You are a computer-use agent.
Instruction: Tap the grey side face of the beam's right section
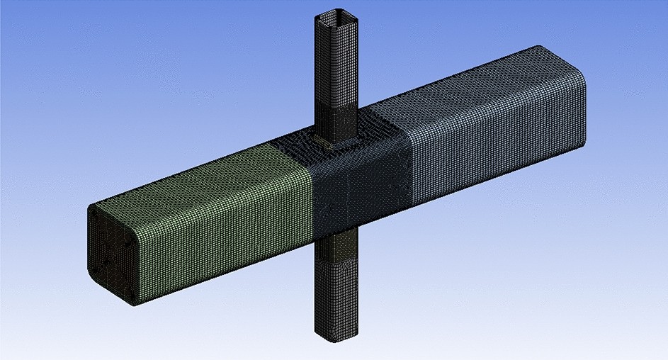point(496,149)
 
